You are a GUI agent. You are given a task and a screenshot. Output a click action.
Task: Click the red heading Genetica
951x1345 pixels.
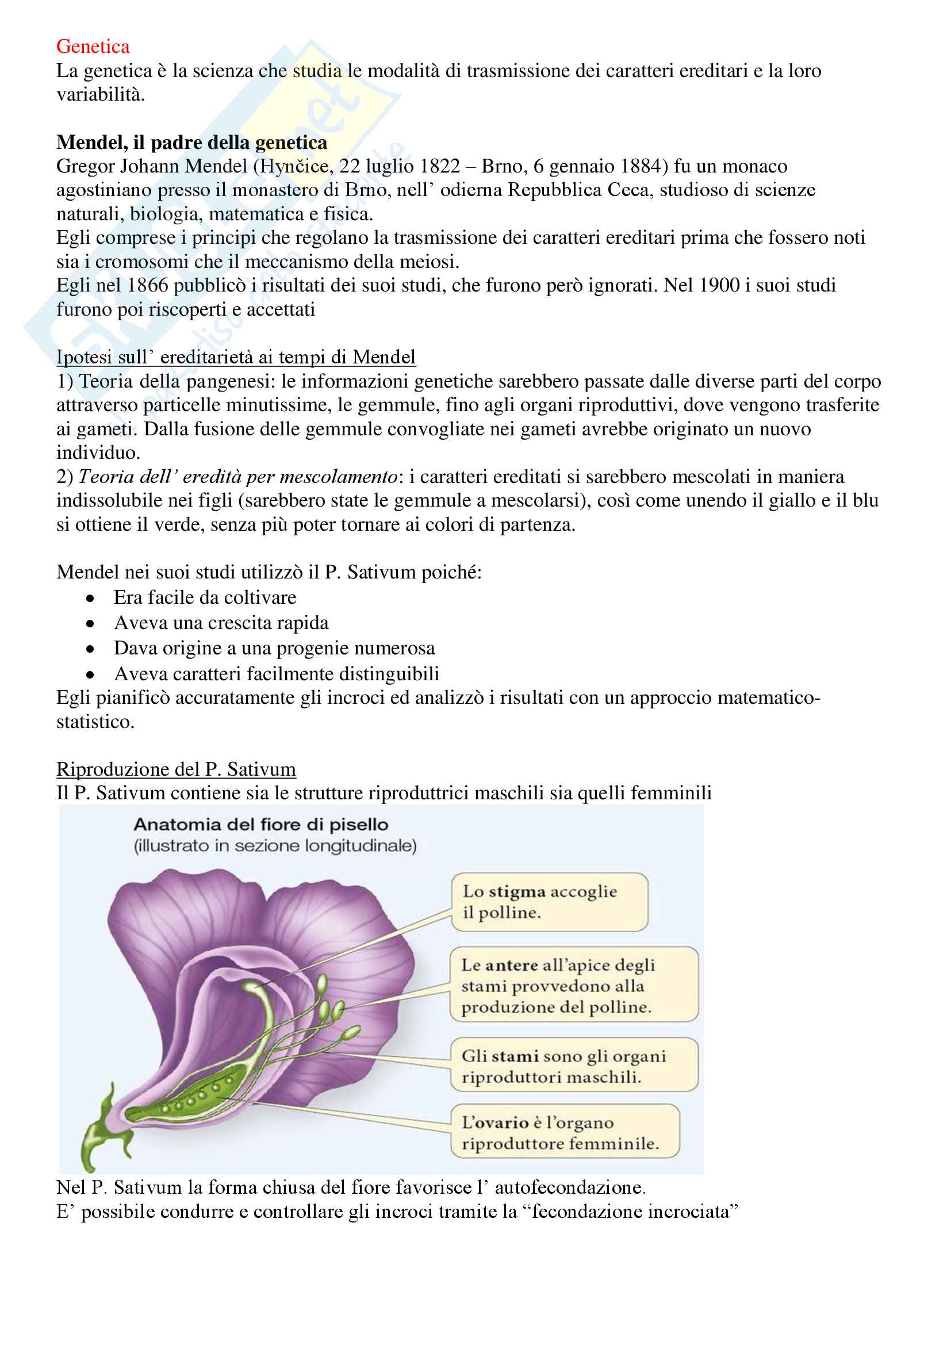tap(93, 46)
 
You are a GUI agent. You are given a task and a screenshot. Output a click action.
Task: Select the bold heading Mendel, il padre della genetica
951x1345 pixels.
tap(191, 143)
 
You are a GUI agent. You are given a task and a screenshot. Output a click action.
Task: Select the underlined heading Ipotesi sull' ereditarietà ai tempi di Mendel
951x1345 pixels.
tap(236, 357)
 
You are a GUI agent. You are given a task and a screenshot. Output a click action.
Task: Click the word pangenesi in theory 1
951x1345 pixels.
tap(230, 381)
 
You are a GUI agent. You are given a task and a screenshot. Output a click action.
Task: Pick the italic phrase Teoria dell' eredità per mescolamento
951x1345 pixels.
tap(238, 477)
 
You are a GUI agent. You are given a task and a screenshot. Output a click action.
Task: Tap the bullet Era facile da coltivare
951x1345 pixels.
tap(205, 597)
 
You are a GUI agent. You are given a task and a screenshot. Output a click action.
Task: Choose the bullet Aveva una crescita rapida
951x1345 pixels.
tap(221, 623)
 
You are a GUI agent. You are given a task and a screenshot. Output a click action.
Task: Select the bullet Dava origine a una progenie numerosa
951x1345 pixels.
tap(274, 648)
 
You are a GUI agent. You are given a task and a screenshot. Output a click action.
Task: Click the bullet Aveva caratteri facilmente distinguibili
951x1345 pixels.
tap(277, 674)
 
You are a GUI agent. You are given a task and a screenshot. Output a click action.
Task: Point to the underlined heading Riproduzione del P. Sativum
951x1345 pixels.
tap(176, 769)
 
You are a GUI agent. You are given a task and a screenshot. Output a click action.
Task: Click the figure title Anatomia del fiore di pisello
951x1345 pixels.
tap(260, 825)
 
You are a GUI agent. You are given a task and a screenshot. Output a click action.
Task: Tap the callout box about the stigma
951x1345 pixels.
tap(549, 902)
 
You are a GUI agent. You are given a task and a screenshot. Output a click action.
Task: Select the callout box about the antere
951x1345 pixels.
tap(573, 986)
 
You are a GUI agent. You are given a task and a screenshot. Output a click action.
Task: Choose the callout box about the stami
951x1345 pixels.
tap(573, 1066)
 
